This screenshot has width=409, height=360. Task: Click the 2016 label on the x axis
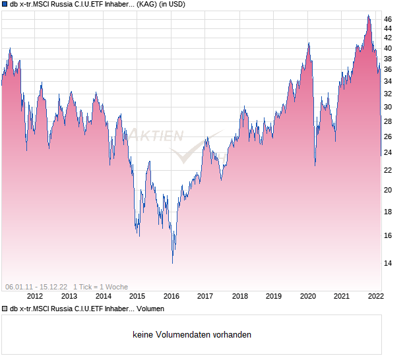point(171,296)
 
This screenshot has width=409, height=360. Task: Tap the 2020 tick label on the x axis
point(307,296)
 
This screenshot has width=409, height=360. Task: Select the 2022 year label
point(375,296)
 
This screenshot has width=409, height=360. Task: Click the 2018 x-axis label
point(239,296)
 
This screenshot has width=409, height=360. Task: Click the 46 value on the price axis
point(388,20)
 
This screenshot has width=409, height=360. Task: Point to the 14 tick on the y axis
point(388,263)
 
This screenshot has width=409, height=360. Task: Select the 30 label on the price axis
point(388,107)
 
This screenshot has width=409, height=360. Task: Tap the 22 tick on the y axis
point(388,170)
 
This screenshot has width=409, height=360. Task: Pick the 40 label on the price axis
point(388,49)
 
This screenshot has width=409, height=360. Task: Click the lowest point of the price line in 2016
point(173,262)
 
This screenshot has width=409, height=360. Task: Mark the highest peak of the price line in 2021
point(368,15)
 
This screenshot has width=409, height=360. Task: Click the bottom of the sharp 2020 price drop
point(315,165)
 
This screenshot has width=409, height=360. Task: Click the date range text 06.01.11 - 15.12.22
point(36,286)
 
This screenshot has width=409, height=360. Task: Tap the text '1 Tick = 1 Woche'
point(101,286)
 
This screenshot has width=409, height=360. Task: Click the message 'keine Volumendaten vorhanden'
point(192,334)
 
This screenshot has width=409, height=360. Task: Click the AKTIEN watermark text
point(158,135)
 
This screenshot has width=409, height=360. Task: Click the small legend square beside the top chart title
point(5,5)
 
